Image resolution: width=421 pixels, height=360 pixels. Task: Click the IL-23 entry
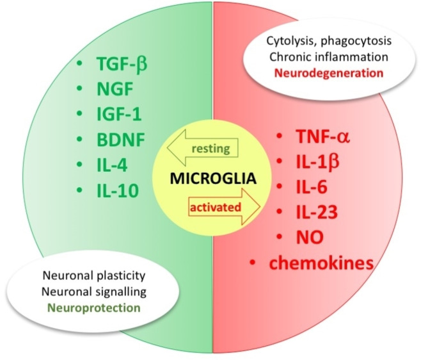(314, 212)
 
